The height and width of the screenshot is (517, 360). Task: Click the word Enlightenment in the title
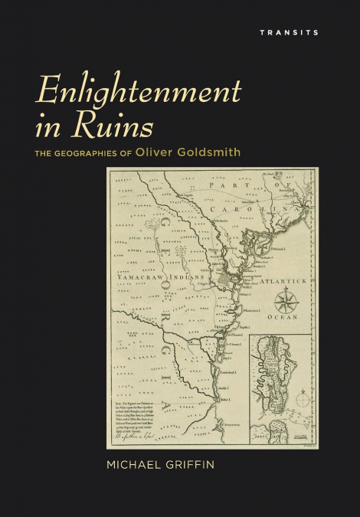tap(139, 92)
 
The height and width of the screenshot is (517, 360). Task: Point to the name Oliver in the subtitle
tap(155, 152)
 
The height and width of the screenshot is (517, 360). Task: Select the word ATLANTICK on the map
tap(283, 281)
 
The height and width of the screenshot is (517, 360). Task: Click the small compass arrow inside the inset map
tap(304, 398)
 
